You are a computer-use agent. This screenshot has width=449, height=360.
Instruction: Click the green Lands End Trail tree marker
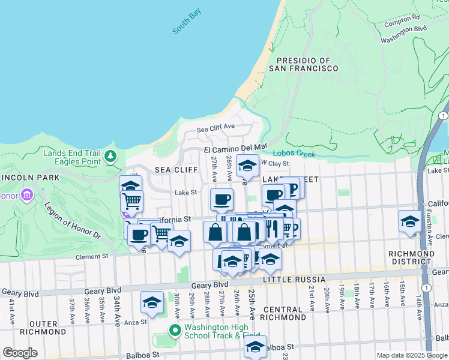point(110,157)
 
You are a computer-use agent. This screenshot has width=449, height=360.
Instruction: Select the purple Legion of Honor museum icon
point(26,195)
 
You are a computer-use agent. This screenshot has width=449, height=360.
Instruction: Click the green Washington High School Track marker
point(175,331)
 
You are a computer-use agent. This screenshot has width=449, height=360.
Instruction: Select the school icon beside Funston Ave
point(411,220)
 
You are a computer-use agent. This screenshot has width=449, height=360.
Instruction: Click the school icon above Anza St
point(152,302)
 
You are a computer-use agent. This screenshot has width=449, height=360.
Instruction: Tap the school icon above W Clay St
point(247,164)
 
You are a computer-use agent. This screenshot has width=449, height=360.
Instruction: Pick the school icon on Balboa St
point(256,346)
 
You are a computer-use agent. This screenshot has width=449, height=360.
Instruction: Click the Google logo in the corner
point(20,353)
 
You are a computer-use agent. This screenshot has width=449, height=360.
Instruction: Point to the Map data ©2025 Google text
point(412,355)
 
